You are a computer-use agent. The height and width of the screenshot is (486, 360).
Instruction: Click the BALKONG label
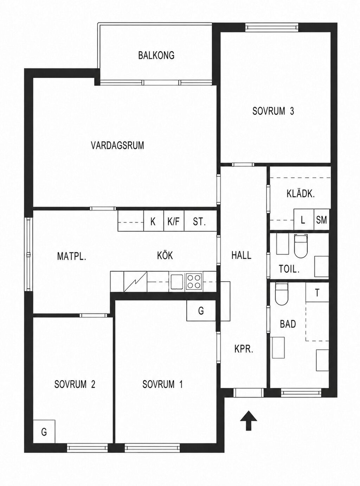point(156,56)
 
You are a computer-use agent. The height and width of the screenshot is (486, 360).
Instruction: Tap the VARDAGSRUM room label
point(117,145)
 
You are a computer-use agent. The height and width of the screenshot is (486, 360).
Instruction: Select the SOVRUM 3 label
point(273,111)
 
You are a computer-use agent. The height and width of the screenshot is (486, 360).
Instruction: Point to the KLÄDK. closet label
point(301,194)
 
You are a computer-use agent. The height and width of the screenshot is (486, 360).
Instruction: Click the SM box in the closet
point(321,220)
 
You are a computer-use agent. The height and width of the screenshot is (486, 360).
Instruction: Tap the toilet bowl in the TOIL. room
point(301,246)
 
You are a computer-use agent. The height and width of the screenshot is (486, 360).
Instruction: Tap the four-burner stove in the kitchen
point(194,282)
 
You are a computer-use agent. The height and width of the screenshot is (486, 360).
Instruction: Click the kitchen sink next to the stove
point(177,282)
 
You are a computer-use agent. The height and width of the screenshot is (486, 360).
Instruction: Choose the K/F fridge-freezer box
point(174,221)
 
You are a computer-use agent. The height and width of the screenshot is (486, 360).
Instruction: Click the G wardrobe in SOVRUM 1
point(201,310)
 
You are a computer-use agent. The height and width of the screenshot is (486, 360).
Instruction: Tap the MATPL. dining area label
point(72,256)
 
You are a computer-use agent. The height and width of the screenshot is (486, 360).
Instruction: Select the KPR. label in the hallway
point(244,349)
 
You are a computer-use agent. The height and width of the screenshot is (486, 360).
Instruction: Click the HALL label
point(241,255)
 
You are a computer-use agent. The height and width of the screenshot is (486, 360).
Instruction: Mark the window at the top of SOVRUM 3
point(272,27)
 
